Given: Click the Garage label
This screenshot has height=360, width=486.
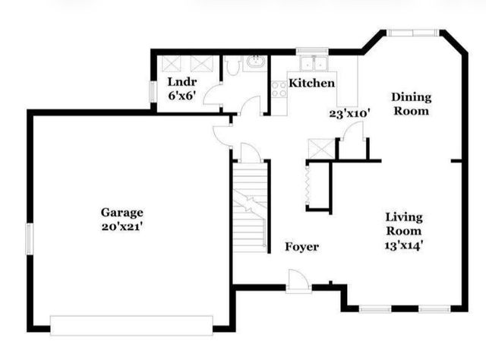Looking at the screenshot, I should point(122,212).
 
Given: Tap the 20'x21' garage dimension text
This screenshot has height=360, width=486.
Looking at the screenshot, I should point(122,226).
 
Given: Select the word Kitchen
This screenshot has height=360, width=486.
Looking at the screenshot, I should point(311,82).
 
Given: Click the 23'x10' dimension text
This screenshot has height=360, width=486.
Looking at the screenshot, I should point(349,114).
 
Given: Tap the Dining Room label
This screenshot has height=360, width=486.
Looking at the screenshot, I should point(411,103).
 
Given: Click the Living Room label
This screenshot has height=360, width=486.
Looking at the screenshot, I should point(402,224).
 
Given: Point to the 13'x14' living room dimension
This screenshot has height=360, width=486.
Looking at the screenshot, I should point(402,245).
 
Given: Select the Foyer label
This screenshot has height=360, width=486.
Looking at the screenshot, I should point(301,247).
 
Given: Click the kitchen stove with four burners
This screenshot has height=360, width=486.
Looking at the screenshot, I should point(279,89).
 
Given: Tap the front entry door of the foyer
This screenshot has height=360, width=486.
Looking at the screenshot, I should point(298,285).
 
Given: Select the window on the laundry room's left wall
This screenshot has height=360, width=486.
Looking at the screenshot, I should point(152,90).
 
